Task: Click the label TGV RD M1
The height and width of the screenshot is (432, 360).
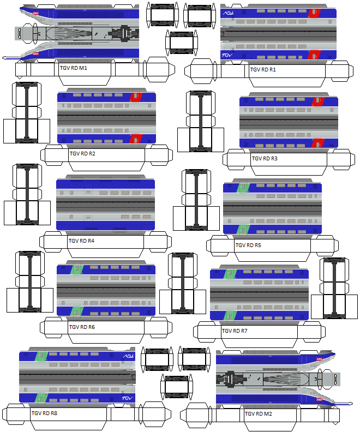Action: (x=73, y=69)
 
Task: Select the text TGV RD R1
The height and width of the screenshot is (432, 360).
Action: (x=263, y=70)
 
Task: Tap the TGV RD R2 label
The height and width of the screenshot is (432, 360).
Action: (x=82, y=153)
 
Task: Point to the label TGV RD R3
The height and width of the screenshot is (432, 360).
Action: (x=265, y=159)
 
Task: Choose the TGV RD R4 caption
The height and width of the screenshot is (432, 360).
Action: (x=82, y=241)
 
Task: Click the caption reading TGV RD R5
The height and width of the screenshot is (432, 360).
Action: (x=248, y=245)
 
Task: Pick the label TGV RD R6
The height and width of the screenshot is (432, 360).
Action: (x=82, y=327)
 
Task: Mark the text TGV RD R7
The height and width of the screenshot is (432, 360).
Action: (x=235, y=331)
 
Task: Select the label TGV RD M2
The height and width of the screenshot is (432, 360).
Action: (x=259, y=414)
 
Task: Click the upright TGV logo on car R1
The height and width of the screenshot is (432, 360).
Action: (x=227, y=55)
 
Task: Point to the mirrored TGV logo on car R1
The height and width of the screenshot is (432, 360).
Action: (x=227, y=12)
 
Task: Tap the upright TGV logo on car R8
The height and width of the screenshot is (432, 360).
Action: (x=128, y=400)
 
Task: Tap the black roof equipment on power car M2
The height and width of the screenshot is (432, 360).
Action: (x=229, y=379)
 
